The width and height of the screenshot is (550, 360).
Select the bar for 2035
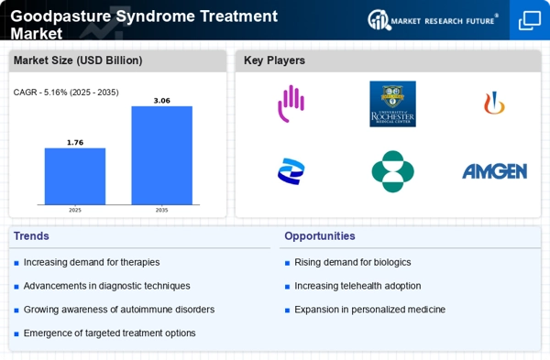coord(161,155)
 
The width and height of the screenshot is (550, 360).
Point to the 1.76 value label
coord(75,142)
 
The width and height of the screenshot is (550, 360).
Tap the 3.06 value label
coord(161,100)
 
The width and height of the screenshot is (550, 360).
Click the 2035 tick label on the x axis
coord(161,210)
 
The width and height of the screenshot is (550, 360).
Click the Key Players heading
coord(274,60)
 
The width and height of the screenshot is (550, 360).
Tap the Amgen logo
coord(494,171)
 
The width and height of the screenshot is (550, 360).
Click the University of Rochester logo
coord(392,104)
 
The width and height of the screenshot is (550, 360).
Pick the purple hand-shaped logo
coord(291,103)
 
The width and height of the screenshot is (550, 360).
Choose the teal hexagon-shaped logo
coord(392,171)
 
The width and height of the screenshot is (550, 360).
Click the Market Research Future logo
coord(433,19)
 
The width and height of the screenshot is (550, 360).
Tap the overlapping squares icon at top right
coord(530,20)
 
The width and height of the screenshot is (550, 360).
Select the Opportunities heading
coord(320,235)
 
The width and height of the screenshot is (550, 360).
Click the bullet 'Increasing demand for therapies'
coord(91,263)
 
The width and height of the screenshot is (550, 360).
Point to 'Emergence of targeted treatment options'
coord(109,333)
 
